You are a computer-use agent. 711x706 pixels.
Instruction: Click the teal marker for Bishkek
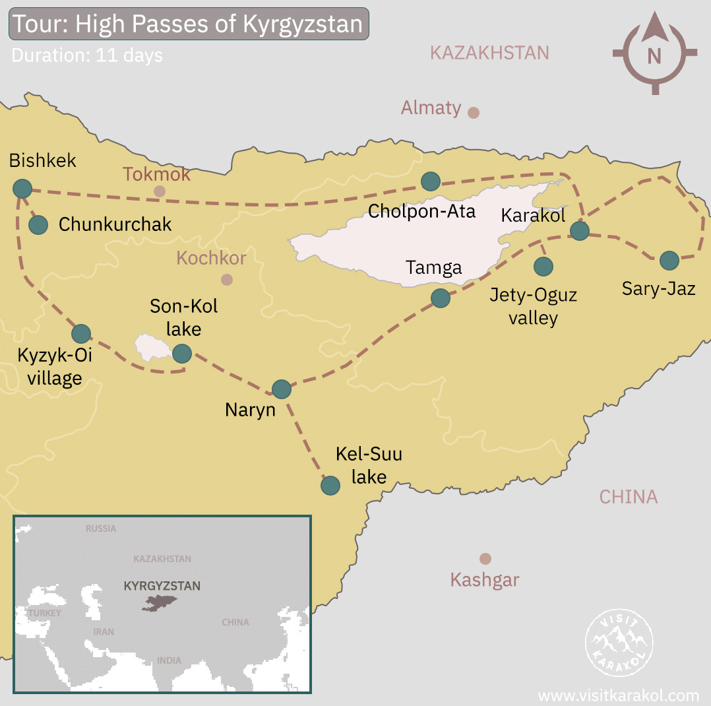tap(22, 189)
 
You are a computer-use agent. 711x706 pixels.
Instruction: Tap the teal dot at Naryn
tap(282, 389)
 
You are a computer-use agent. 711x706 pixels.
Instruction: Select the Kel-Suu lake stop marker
tap(330, 486)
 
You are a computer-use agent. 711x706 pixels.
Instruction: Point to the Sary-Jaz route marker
tap(669, 261)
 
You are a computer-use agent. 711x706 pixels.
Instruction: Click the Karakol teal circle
tap(579, 230)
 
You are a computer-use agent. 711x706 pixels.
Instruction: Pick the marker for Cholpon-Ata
tap(430, 181)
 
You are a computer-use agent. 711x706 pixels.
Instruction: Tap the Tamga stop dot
tap(440, 298)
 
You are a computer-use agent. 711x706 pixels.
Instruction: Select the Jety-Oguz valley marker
tap(543, 267)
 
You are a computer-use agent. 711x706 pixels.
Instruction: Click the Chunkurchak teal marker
tap(38, 225)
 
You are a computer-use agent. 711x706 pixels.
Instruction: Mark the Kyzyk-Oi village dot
tap(81, 334)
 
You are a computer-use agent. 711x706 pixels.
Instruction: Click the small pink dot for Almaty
tap(473, 112)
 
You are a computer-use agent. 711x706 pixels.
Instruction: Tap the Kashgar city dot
tap(485, 559)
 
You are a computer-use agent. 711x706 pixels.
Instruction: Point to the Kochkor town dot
tap(227, 280)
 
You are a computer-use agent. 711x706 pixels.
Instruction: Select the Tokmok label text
tap(156, 174)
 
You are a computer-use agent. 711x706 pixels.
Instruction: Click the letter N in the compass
tap(654, 57)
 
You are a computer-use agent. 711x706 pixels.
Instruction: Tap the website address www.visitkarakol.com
tap(618, 695)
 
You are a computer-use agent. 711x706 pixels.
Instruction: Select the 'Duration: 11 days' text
tap(87, 55)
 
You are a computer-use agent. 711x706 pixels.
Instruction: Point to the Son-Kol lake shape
tap(150, 346)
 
